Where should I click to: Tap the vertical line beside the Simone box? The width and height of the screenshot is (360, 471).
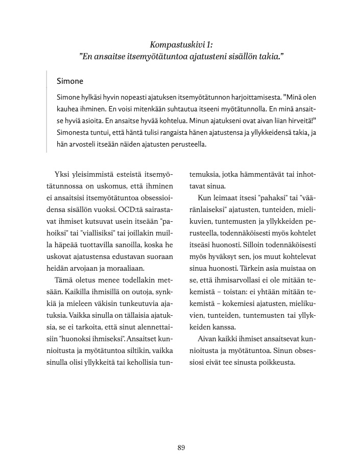pyautogui.click(x=46, y=112)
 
